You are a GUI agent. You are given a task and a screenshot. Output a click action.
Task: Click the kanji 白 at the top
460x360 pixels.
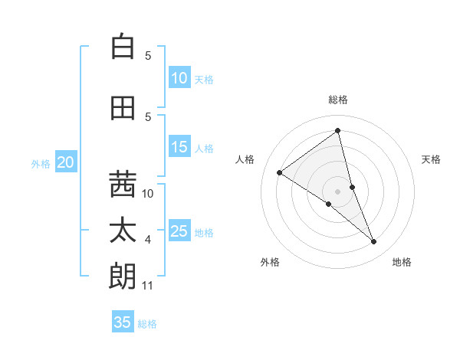pyautogui.click(x=123, y=47)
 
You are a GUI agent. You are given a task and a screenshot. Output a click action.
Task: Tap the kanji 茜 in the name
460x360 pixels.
pyautogui.click(x=123, y=184)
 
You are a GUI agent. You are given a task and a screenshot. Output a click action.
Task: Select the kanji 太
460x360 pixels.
pyautogui.click(x=123, y=231)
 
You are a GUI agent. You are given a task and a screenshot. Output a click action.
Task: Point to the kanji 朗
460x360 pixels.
pyautogui.click(x=123, y=277)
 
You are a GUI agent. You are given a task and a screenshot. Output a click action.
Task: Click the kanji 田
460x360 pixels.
pyautogui.click(x=123, y=108)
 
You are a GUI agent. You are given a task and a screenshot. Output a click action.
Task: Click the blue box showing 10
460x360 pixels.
pyautogui.click(x=179, y=78)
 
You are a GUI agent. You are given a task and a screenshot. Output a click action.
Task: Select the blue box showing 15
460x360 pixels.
pyautogui.click(x=179, y=147)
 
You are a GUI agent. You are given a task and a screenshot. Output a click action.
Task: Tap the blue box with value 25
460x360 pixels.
pyautogui.click(x=179, y=231)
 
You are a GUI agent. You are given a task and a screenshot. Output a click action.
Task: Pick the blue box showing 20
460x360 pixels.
pyautogui.click(x=66, y=162)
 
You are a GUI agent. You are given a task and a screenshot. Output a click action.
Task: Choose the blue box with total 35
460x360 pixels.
pyautogui.click(x=123, y=322)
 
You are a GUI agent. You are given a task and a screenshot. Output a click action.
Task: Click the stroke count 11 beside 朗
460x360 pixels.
pyautogui.click(x=148, y=286)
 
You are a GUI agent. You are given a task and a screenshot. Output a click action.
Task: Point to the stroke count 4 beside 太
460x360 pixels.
pyautogui.click(x=148, y=240)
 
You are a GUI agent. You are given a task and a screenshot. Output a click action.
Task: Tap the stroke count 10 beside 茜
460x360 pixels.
pyautogui.click(x=148, y=194)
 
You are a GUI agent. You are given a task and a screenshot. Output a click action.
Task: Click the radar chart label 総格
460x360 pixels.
pyautogui.click(x=338, y=100)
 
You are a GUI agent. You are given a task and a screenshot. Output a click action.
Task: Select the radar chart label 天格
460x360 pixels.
pyautogui.click(x=432, y=159)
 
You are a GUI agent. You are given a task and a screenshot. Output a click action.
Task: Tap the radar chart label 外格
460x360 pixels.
pyautogui.click(x=270, y=262)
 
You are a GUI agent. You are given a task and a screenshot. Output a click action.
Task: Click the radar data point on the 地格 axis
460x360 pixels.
pyautogui.click(x=374, y=242)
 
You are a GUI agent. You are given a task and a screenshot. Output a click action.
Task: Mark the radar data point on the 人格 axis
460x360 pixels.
pyautogui.click(x=280, y=172)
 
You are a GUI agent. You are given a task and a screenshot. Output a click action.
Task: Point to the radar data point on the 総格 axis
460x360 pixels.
pyautogui.click(x=338, y=131)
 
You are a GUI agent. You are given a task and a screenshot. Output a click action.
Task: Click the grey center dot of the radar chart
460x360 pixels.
pyautogui.click(x=338, y=191)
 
